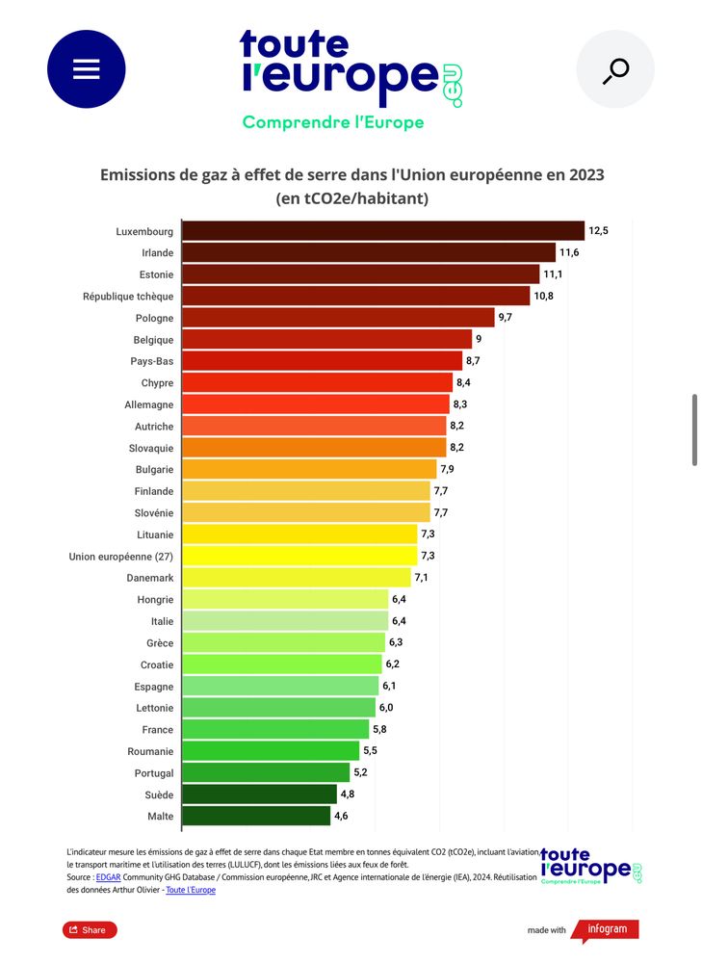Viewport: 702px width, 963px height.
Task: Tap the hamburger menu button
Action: tap(87, 69)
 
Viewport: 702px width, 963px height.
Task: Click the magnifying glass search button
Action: tap(615, 69)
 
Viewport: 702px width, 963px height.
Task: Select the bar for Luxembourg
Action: tap(383, 231)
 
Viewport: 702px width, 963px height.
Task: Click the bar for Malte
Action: tap(256, 816)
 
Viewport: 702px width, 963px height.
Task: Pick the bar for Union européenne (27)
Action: tap(299, 556)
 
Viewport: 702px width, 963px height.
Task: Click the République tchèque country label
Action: tap(128, 297)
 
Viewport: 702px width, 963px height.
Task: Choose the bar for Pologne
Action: tap(338, 318)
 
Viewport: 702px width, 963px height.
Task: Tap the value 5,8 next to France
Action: tap(379, 729)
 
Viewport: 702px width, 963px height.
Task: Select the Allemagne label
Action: tap(149, 404)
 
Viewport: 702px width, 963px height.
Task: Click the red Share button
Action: tap(89, 929)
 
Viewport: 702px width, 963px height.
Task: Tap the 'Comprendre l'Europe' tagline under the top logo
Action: tap(333, 123)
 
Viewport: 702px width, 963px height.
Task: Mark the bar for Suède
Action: tap(259, 794)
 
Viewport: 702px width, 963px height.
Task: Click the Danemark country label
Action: tap(150, 578)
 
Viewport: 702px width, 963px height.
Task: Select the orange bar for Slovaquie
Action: tap(314, 448)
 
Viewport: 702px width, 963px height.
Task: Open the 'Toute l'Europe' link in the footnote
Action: tap(191, 890)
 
